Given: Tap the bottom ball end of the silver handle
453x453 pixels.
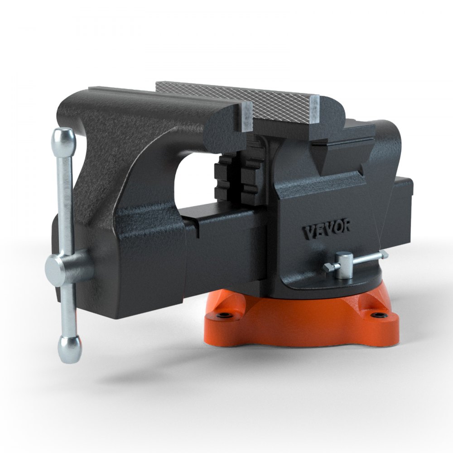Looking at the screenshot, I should click(69, 349).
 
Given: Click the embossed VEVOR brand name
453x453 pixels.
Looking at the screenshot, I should click(326, 229).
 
